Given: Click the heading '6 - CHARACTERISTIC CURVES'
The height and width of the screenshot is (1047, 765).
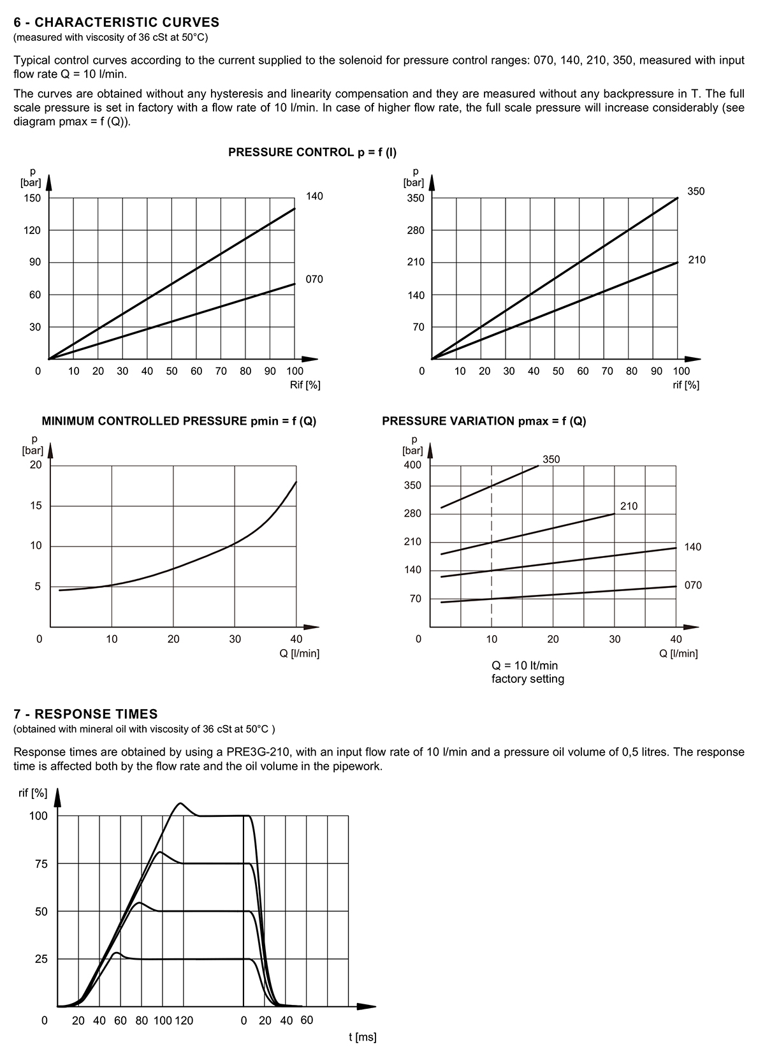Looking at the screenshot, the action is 117,22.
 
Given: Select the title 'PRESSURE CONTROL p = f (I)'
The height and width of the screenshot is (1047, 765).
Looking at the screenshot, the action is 312,152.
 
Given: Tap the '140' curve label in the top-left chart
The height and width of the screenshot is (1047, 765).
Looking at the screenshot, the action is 314,196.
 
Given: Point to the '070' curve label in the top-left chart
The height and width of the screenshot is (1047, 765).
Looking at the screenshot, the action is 314,279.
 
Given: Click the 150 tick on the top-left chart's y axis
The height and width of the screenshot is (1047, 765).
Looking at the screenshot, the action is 33,198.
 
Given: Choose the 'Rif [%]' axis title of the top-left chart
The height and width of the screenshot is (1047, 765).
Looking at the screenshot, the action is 305,385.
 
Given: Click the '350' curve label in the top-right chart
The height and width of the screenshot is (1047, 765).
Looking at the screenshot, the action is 696,191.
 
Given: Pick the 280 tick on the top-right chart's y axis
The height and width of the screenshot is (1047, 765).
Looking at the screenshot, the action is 416,230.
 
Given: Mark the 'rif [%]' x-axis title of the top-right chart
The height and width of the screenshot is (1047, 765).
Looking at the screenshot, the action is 686,385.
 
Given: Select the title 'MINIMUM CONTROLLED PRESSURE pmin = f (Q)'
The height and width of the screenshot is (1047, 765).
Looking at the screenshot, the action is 179,421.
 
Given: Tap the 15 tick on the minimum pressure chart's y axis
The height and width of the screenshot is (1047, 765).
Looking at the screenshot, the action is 36,506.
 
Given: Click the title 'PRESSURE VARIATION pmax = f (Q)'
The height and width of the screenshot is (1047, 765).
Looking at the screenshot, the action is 484,421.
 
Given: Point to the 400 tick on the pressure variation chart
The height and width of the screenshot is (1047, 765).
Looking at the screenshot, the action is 412,465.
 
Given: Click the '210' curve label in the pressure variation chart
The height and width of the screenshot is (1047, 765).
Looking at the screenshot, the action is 629,506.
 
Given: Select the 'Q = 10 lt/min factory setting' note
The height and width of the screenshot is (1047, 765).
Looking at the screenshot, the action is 528,672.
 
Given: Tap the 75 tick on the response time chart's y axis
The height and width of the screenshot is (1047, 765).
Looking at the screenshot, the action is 41,864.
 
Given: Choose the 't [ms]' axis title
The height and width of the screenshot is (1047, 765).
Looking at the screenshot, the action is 363,1037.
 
